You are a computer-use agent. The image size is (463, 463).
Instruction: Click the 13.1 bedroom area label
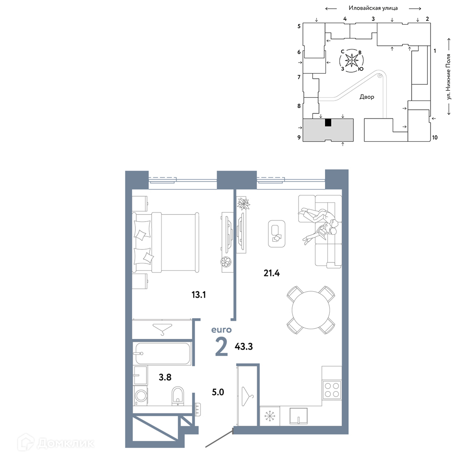tap(199, 294)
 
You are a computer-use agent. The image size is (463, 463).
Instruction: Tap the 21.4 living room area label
tap(272, 273)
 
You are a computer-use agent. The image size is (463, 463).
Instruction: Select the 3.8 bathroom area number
tap(165, 377)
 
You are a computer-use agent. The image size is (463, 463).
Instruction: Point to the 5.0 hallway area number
tap(218, 392)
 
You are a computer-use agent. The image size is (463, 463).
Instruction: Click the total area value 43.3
tap(244, 346)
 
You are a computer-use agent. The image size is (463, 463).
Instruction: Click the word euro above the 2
tap(221, 330)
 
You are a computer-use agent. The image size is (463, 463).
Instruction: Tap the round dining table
tap(311, 310)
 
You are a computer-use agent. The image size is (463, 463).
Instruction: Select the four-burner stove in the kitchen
tap(332, 390)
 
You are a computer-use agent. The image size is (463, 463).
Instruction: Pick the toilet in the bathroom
tap(177, 395)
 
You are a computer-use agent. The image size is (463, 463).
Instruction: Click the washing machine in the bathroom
tap(141, 395)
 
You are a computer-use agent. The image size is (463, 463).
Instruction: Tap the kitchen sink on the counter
tap(298, 416)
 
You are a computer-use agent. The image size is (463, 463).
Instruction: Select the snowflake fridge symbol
tap(269, 416)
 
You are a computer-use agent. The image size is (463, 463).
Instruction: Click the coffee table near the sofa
tap(277, 234)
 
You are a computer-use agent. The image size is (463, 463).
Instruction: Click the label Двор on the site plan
tap(367, 97)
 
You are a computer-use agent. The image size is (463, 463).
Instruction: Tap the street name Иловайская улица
tap(373, 8)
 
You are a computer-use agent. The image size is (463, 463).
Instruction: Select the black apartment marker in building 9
tap(328, 123)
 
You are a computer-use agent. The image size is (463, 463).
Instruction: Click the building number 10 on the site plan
tap(435, 138)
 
